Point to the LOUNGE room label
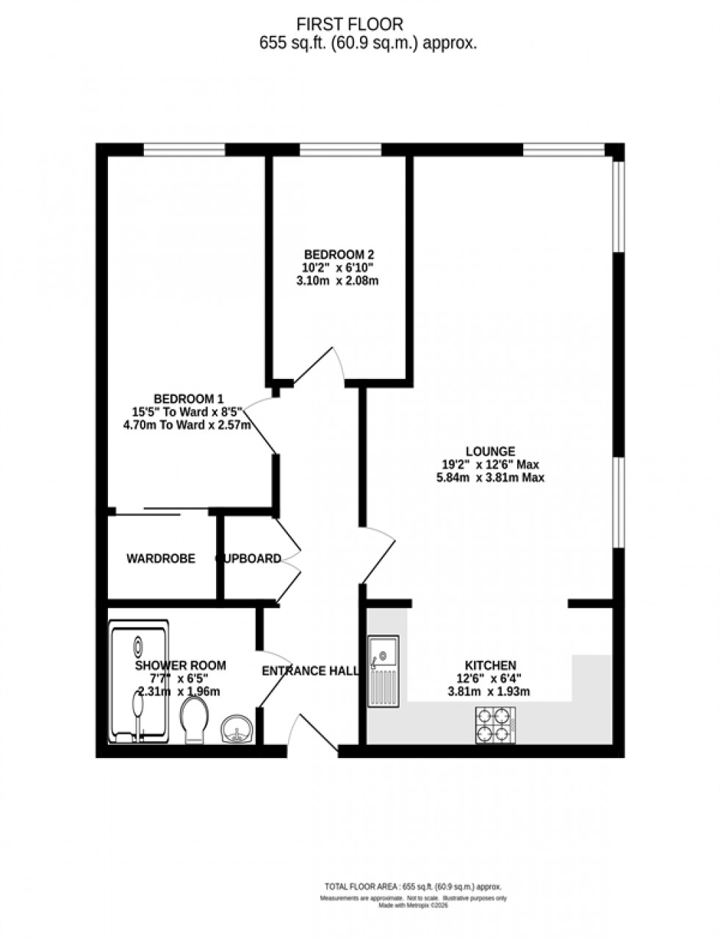tap(490, 451)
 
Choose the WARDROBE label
tap(161, 559)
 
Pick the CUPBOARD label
tap(248, 559)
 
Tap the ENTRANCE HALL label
tap(311, 671)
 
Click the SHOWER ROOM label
tap(181, 665)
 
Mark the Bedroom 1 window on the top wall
tap(184, 150)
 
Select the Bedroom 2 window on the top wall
tap(341, 150)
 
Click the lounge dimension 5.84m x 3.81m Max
tap(489, 477)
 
